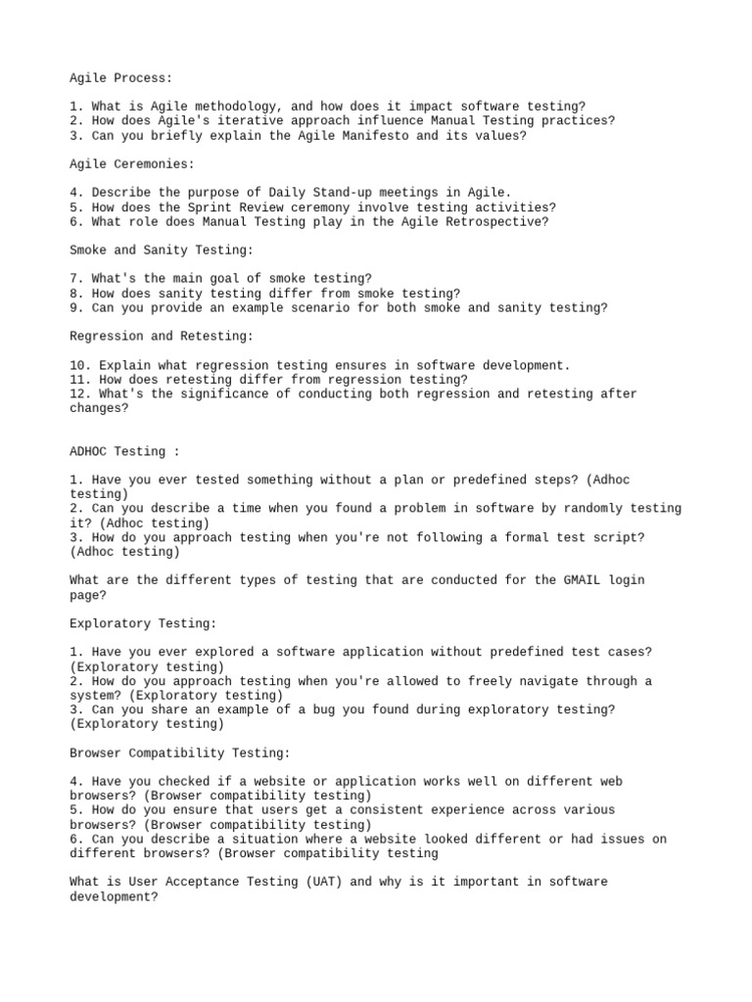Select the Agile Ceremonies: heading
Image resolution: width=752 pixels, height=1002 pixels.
(x=132, y=164)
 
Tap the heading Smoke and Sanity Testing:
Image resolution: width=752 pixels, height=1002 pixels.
(x=162, y=250)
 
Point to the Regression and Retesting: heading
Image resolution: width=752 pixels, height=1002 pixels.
(x=162, y=337)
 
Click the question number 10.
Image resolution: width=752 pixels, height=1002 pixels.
(x=77, y=365)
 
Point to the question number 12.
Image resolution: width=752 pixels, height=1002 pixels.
(x=77, y=394)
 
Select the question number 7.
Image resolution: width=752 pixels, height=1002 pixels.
(x=73, y=279)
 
